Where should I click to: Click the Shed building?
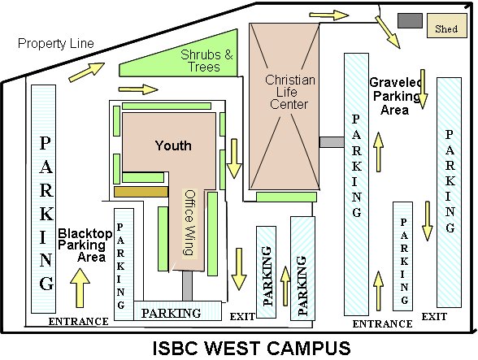[x=446, y=26]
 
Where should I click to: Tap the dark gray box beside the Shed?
[x=410, y=20]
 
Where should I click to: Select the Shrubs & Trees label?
[x=206, y=61]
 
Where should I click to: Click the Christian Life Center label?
[x=289, y=92]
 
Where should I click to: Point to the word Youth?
[x=173, y=145]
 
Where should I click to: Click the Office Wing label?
[x=190, y=223]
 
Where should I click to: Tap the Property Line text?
[x=56, y=43]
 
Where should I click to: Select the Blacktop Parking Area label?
[x=85, y=245]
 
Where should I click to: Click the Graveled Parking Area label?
[x=396, y=96]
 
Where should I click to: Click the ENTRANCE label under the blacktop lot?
[x=78, y=321]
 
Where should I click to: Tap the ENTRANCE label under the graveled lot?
[x=382, y=323]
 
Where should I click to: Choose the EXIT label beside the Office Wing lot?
[x=242, y=317]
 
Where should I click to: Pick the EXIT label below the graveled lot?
[x=434, y=317]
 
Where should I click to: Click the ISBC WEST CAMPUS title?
[x=251, y=348]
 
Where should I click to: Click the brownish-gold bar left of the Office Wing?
[x=141, y=192]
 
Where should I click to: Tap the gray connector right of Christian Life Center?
[x=332, y=142]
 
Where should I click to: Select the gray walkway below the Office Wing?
[x=188, y=285]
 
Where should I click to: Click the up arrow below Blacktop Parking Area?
[x=80, y=288]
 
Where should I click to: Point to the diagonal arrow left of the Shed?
[x=388, y=32]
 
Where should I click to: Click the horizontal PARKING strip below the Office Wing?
[x=178, y=311]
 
